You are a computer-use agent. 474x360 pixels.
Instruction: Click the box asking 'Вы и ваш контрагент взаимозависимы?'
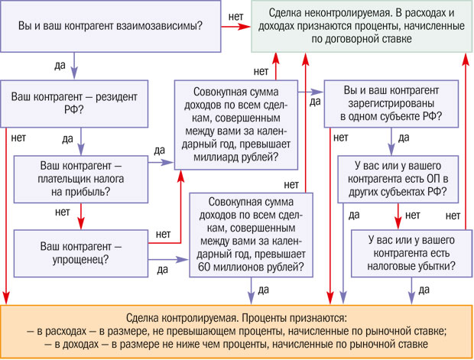(109, 27)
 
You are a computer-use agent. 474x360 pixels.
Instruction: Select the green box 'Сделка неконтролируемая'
(361, 27)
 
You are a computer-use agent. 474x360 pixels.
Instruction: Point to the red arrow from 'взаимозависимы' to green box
(237, 27)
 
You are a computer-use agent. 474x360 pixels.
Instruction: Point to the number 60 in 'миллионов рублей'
(206, 268)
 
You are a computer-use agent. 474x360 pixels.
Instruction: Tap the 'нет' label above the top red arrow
(237, 15)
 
